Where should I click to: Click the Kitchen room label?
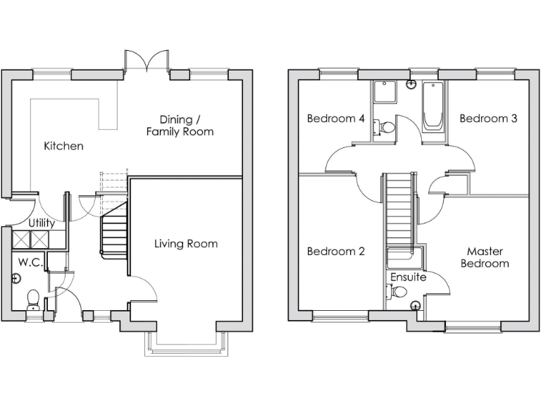coord(63,146)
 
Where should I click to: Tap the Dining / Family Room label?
coord(180,125)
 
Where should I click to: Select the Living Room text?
coord(186,244)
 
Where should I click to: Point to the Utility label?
coord(42,223)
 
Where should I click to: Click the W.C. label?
coord(31,262)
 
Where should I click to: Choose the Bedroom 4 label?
coord(335,118)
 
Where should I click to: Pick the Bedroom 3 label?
coord(488,118)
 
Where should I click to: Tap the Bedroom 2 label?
coord(335,251)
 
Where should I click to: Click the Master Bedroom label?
coord(484,257)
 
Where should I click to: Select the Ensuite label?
coord(409,277)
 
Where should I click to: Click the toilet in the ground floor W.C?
coord(32,300)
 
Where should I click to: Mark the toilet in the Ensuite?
coord(399,292)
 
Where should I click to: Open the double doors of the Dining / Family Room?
coord(146,61)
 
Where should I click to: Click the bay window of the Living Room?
coord(186,341)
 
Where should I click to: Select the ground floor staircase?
coord(114,231)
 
